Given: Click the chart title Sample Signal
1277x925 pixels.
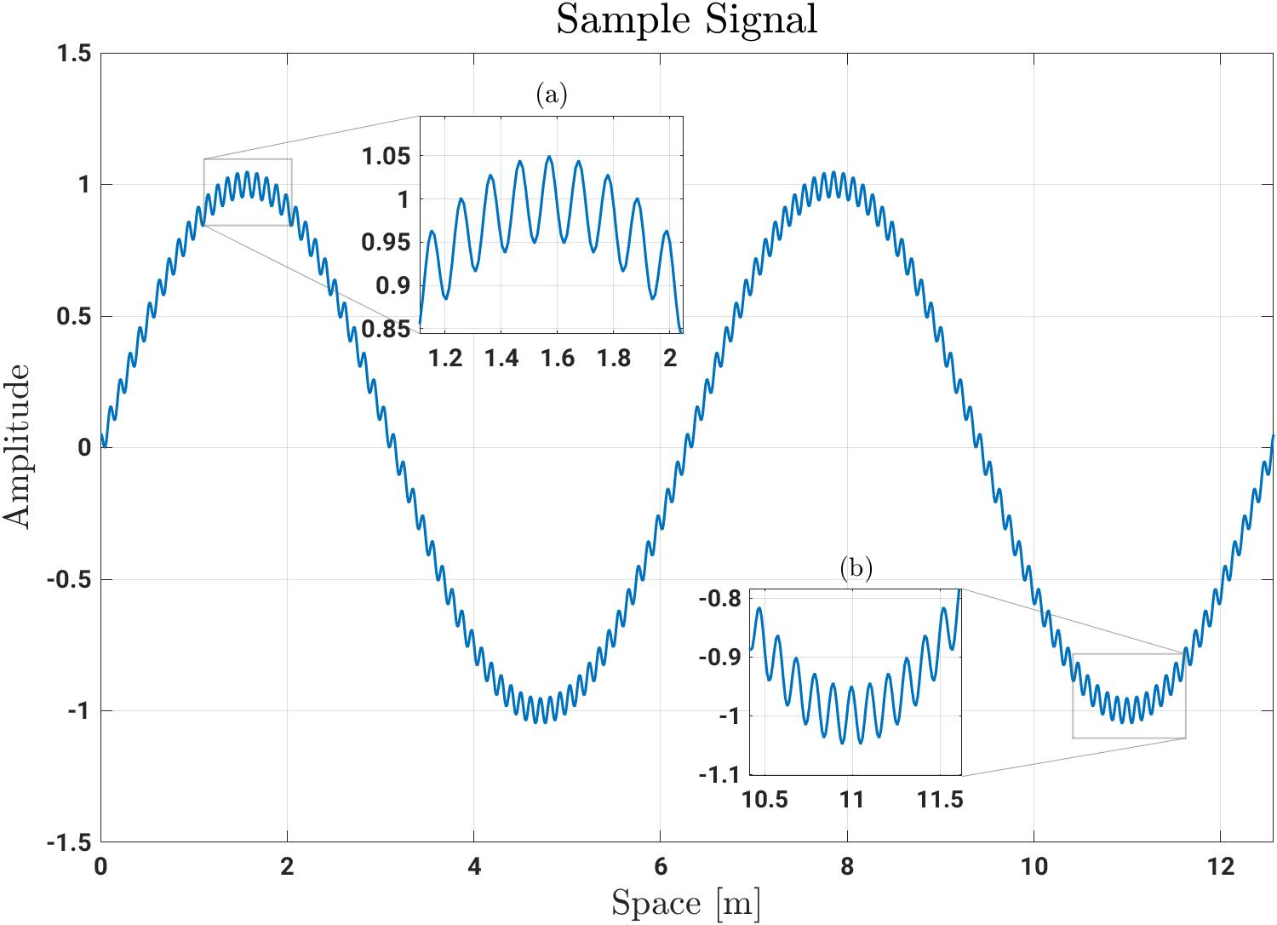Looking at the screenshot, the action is [x=686, y=20].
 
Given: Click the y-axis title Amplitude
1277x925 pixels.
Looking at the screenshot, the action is [x=16, y=446].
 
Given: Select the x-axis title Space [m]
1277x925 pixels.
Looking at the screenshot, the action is [x=686, y=904].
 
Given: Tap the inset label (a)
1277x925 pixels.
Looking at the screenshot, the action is [x=552, y=95].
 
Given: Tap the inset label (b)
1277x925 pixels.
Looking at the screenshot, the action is [x=856, y=568].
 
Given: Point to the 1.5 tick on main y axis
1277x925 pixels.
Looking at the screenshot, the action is [x=74, y=54].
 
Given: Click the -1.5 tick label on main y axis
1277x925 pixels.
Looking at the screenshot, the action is [x=69, y=843].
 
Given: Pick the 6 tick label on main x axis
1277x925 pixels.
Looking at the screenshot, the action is [x=660, y=867].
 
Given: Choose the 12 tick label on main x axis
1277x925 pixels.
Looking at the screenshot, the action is [x=1221, y=867].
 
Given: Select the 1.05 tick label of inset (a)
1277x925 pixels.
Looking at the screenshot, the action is [x=386, y=156].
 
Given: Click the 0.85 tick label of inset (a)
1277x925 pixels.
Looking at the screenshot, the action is [x=386, y=329].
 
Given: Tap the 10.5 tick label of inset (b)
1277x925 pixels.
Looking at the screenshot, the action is [x=764, y=800].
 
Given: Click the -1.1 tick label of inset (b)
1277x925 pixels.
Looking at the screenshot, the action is [x=719, y=774].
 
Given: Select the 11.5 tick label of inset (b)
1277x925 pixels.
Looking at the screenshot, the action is [x=940, y=800].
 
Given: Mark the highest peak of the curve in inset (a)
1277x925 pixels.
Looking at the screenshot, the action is [x=549, y=156].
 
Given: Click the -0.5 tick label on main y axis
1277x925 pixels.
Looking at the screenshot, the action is [x=69, y=579].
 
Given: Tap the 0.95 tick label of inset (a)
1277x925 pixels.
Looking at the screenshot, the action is [x=386, y=243].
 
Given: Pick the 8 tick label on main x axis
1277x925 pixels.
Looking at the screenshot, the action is [x=847, y=867].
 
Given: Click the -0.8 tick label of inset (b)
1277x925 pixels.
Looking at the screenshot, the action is [x=719, y=599].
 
